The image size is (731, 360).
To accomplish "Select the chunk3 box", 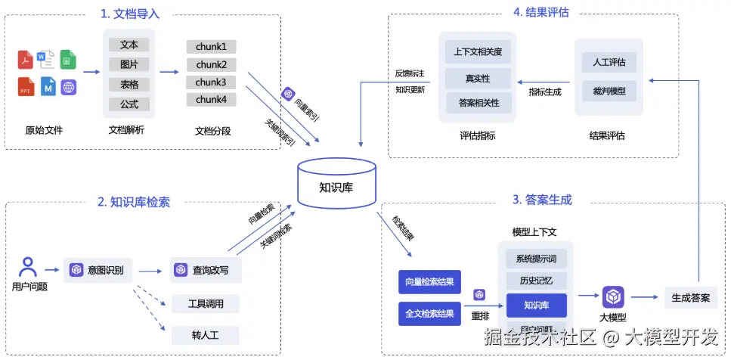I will coord(211,82).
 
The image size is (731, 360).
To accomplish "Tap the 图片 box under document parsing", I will coord(129,64).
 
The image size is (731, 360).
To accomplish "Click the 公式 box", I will coord(129,104).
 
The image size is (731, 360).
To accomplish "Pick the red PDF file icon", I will coord(26,59).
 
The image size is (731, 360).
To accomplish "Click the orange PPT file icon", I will coord(26,87).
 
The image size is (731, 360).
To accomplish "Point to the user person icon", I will coord(29,267).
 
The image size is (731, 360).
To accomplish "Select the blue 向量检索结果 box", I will coord(429,282).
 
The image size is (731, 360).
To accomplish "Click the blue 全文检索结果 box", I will coord(429,313).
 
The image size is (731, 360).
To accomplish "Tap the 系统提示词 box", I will coord(535,259).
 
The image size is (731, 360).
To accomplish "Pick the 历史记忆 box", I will coord(535,281).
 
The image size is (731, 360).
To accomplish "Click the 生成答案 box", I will coord(690,297).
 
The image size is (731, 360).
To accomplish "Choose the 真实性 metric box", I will coord(478,78).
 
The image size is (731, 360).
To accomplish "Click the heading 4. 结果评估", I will coord(541,12).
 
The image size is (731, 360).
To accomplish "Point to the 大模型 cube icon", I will coord(612,296).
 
